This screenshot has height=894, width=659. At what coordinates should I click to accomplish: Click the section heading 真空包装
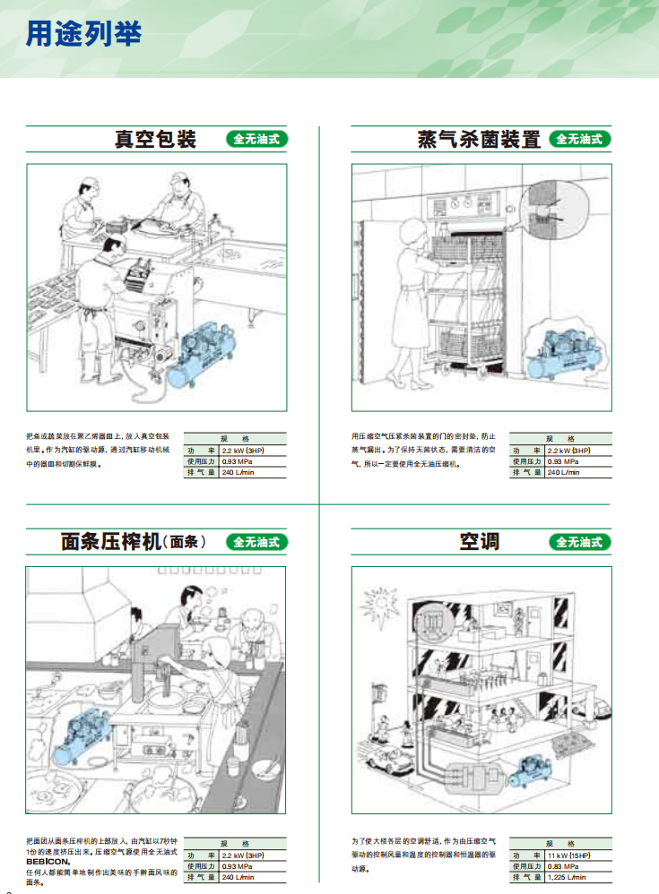154,140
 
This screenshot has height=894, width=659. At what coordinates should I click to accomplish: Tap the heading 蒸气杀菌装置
480,140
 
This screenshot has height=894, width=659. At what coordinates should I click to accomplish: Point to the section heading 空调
480,542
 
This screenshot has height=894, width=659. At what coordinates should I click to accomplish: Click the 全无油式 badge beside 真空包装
256,140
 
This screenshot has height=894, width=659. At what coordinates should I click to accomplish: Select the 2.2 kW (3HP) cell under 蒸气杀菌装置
569,450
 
